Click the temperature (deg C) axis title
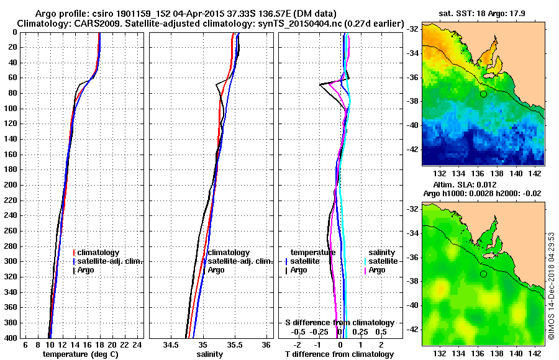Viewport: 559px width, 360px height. [x=80, y=354]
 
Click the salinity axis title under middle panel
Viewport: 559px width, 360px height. [x=210, y=354]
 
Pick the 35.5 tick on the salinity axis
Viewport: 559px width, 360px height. [x=234, y=344]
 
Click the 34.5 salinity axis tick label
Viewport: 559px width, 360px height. [x=171, y=344]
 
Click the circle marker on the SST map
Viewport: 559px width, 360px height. [x=483, y=94]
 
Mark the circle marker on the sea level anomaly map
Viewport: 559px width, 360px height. [x=483, y=274]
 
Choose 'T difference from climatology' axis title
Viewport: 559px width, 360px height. [x=339, y=354]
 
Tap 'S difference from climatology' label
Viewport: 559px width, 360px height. [x=339, y=323]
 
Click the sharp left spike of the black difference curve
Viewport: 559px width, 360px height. [x=320, y=84]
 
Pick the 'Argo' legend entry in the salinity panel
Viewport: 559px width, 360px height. [x=216, y=270]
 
